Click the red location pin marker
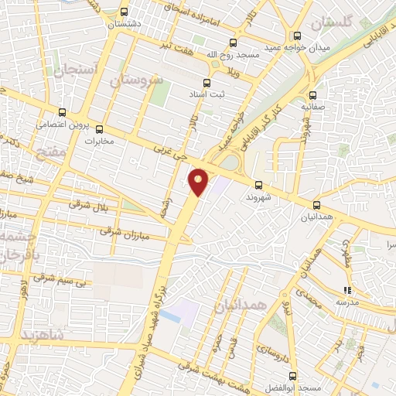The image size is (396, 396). tap(200, 181)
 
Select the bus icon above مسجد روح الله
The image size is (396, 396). tap(233, 44)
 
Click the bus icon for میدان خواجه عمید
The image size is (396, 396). tap(298, 35)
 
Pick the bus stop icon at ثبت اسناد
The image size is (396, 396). tap(207, 82)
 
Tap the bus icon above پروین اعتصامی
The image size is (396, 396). tap(62, 112)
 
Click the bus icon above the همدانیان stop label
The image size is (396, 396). tap(317, 204)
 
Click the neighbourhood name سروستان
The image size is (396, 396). tap(135, 80)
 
